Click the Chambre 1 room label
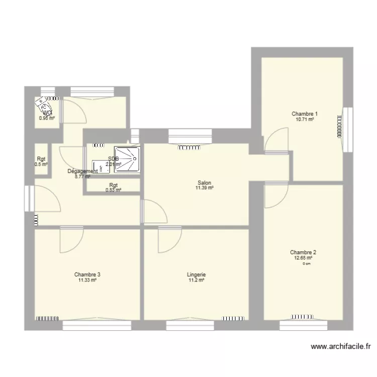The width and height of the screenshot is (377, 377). coord(305,114)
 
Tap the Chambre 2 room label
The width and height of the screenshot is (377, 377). coord(303,252)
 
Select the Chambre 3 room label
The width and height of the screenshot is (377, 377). coord(87,274)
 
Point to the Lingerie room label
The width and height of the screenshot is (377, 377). coord(196,274)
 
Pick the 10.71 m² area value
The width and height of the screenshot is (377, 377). coord(305,120)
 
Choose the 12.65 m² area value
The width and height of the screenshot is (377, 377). coord(303,258)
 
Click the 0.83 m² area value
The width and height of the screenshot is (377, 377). coord(114,190)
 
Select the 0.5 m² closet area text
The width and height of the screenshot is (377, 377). coord(41,164)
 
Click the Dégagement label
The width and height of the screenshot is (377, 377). coord(83,171)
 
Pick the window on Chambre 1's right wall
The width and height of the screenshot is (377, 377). coord(346,129)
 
